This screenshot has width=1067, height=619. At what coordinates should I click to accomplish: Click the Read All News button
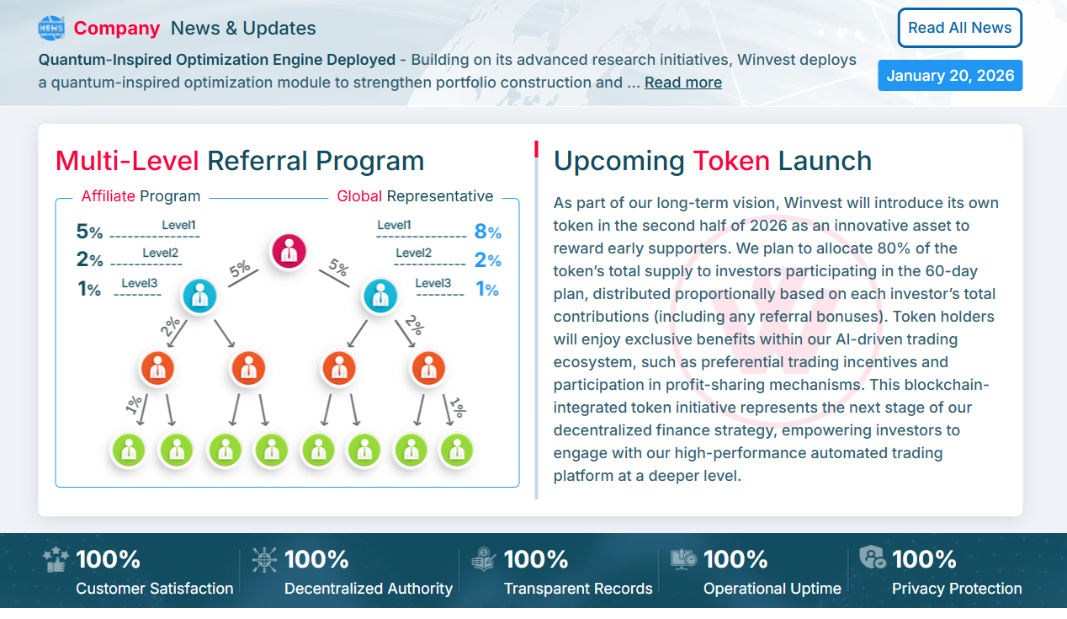point(960,28)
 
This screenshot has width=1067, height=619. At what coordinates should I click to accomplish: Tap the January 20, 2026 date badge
point(950,75)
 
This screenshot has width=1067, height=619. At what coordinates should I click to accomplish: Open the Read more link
point(682,83)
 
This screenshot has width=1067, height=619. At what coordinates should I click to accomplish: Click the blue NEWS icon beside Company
point(51,28)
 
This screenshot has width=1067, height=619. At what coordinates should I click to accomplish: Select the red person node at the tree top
point(289,250)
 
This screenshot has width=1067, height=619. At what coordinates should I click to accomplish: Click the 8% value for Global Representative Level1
point(487,232)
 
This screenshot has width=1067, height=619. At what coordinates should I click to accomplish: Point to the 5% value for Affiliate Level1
point(89,232)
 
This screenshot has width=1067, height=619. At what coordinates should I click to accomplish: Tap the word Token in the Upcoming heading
point(730,160)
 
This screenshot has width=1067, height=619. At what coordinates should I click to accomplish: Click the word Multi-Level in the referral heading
point(127,160)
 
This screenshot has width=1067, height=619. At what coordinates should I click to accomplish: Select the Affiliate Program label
point(141,196)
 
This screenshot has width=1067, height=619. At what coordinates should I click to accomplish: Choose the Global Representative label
point(415,196)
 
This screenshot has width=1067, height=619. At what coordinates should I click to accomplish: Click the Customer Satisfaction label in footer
point(155,589)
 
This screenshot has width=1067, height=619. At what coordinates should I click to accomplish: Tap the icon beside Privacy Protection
point(872,557)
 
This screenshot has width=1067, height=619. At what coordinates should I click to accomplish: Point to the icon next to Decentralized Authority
point(264,560)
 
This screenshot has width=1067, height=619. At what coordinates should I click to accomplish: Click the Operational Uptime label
point(772,589)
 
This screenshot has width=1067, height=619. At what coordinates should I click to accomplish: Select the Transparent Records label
point(578,589)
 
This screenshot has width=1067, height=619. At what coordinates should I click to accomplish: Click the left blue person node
point(200,296)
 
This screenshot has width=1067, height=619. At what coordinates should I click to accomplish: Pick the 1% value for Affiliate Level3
point(89,290)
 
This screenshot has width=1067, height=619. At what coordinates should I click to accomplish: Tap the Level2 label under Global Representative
point(413,253)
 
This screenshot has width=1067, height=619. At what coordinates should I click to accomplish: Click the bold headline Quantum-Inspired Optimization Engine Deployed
point(217,60)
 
